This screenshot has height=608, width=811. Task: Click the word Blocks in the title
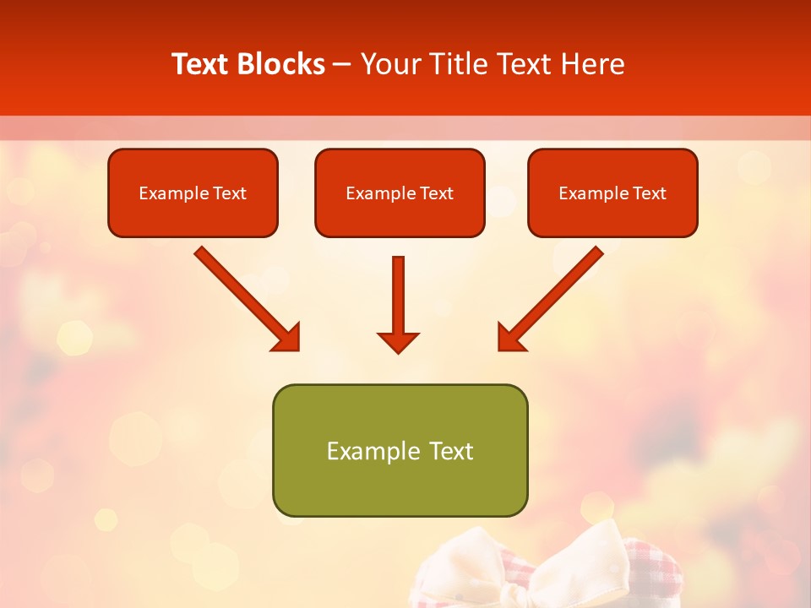(x=283, y=64)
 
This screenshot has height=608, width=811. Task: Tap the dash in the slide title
(x=342, y=65)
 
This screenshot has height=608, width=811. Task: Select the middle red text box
(x=400, y=216)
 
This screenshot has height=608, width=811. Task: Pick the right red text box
(x=612, y=216)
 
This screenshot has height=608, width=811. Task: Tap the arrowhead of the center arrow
(x=398, y=341)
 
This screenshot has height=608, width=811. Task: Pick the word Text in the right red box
(x=650, y=193)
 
